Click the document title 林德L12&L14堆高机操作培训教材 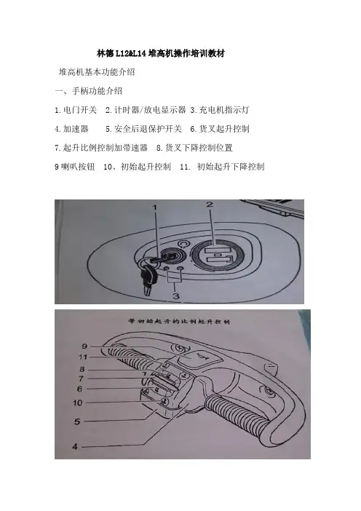(x=161, y=53)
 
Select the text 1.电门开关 (x=76, y=110)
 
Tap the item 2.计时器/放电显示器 (x=146, y=110)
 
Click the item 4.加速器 (x=71, y=129)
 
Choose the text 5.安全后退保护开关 (x=143, y=129)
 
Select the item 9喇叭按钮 (x=75, y=167)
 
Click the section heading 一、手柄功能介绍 (x=89, y=91)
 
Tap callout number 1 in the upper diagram (x=156, y=207)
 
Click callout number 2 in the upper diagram (x=210, y=205)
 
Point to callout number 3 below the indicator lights (x=176, y=296)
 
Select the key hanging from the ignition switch (x=148, y=278)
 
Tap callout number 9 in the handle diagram (x=84, y=346)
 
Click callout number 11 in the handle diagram (x=83, y=357)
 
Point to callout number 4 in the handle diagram (x=75, y=446)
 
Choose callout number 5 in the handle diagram (x=77, y=421)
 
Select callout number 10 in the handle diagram (x=78, y=403)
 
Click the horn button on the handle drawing (x=199, y=358)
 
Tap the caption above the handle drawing (x=179, y=321)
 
